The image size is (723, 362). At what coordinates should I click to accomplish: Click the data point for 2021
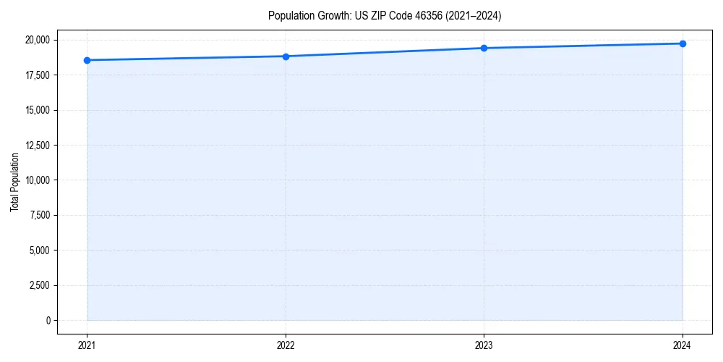[x=87, y=60]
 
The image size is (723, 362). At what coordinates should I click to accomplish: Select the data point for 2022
[x=286, y=56]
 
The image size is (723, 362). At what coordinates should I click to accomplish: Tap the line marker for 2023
[x=484, y=48]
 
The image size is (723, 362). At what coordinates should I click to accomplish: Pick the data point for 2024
[x=683, y=43]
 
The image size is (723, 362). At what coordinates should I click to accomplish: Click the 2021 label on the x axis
[x=87, y=345]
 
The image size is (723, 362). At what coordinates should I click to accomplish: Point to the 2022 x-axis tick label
[x=286, y=345]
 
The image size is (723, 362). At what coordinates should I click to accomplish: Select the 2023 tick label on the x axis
[x=484, y=345]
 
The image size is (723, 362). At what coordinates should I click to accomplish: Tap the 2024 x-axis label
[x=683, y=345]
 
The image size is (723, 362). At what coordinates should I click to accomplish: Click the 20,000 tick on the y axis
[x=38, y=40]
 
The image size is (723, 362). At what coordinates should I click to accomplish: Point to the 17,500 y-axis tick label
[x=38, y=75]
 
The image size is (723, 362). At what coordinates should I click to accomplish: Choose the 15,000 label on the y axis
[x=38, y=110]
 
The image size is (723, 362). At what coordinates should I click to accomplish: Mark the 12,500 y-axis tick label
[x=38, y=146]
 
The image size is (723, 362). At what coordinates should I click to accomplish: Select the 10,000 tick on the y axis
[x=38, y=180]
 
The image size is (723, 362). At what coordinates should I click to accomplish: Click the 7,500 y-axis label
[x=40, y=215]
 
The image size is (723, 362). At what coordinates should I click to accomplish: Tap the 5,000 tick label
[x=40, y=251]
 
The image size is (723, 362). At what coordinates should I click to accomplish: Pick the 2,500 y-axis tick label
[x=40, y=285]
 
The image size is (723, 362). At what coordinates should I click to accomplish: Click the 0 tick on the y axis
[x=48, y=320]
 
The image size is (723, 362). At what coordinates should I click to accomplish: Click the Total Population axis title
[x=14, y=182]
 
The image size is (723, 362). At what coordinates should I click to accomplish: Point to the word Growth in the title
[x=328, y=15]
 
